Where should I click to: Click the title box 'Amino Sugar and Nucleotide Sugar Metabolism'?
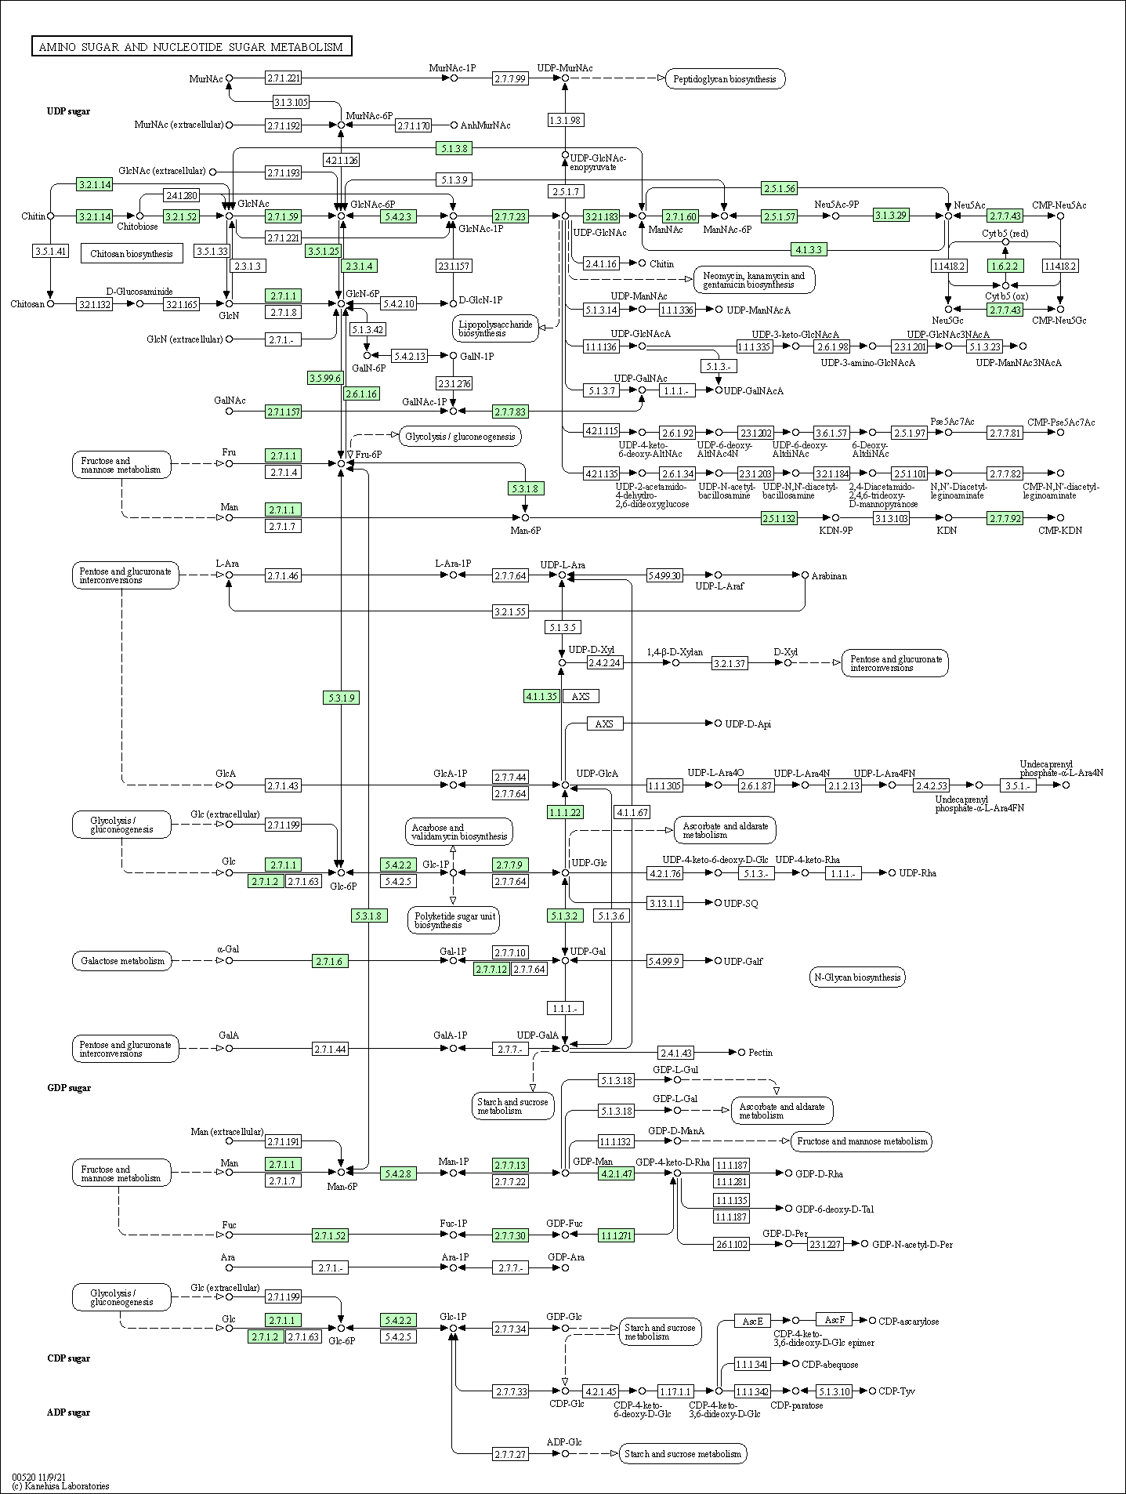pos(191,47)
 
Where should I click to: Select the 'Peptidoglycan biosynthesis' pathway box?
pos(725,78)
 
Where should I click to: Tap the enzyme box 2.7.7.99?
pos(510,78)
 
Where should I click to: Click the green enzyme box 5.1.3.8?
pos(454,148)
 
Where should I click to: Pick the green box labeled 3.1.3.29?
pos(891,216)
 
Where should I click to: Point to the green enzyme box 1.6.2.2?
pos(1005,266)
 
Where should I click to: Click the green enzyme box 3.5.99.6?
pos(325,378)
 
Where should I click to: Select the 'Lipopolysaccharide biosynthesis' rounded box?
pos(496,328)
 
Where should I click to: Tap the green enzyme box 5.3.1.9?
pos(341,698)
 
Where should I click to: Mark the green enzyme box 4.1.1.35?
pos(541,696)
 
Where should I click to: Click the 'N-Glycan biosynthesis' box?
pos(857,977)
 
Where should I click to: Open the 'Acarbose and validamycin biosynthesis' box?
pos(459,832)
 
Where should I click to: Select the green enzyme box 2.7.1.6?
pos(329,961)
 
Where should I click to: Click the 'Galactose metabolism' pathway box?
pos(121,961)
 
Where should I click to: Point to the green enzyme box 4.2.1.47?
pos(616,1173)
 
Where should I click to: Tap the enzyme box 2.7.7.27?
pos(510,1454)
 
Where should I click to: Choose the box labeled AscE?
pos(752,1321)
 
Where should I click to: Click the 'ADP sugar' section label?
pos(69,1412)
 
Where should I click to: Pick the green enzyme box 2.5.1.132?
pos(779,518)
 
